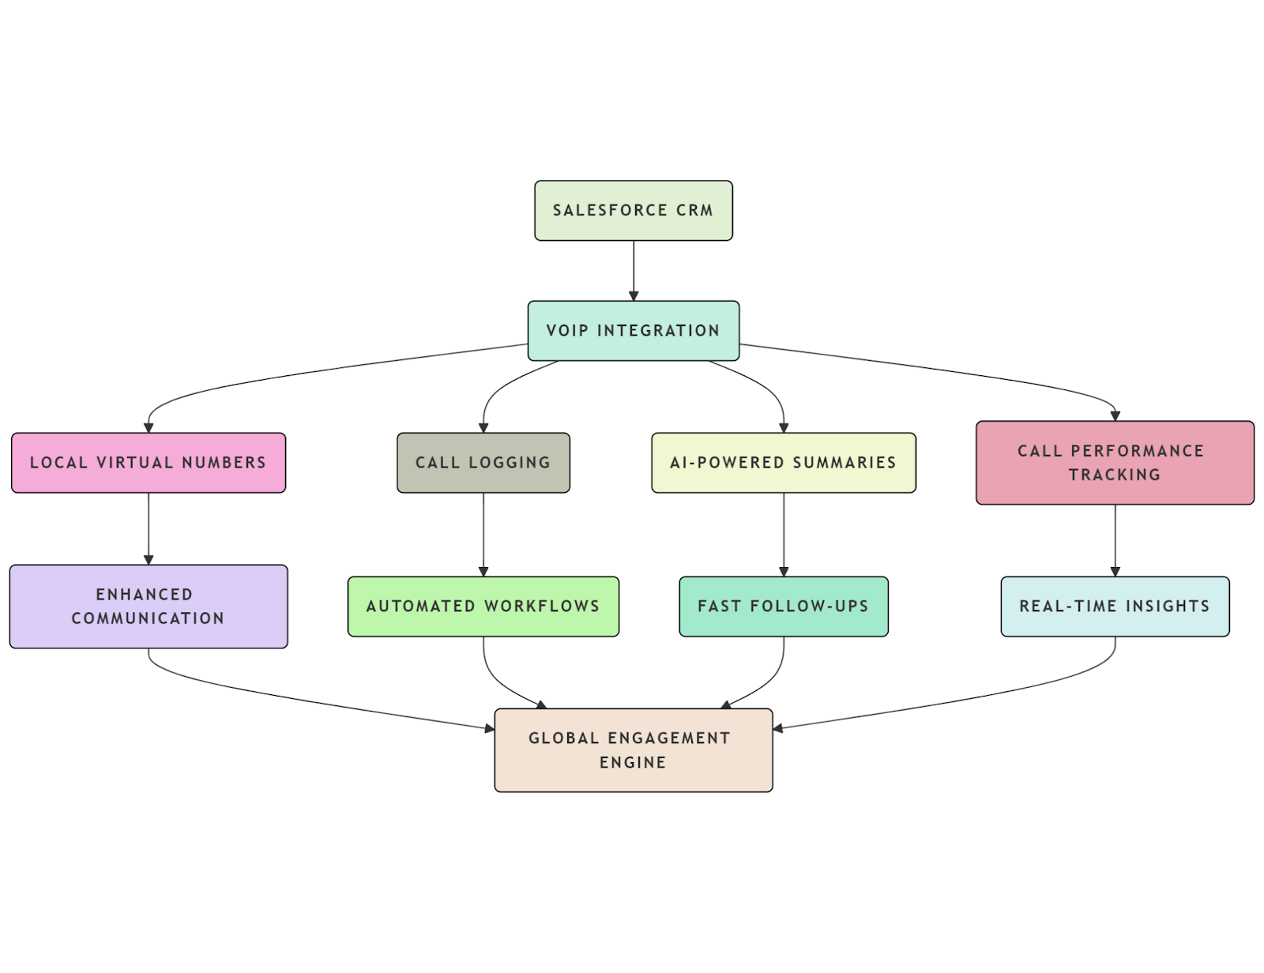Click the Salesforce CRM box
633,210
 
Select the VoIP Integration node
633,330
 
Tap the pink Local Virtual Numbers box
149,462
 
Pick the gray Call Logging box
483,462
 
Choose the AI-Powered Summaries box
783,462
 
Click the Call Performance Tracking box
1114,462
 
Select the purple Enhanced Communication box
149,606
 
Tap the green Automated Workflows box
483,606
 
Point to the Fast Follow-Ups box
783,606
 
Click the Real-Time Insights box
1114,606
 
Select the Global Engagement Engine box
633,749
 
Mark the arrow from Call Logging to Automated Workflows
483,534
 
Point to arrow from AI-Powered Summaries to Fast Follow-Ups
784,534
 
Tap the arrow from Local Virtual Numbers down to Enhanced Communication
149,528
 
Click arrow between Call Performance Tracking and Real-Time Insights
1115,539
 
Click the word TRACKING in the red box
1114,475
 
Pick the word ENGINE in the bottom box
633,762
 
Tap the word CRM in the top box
694,210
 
